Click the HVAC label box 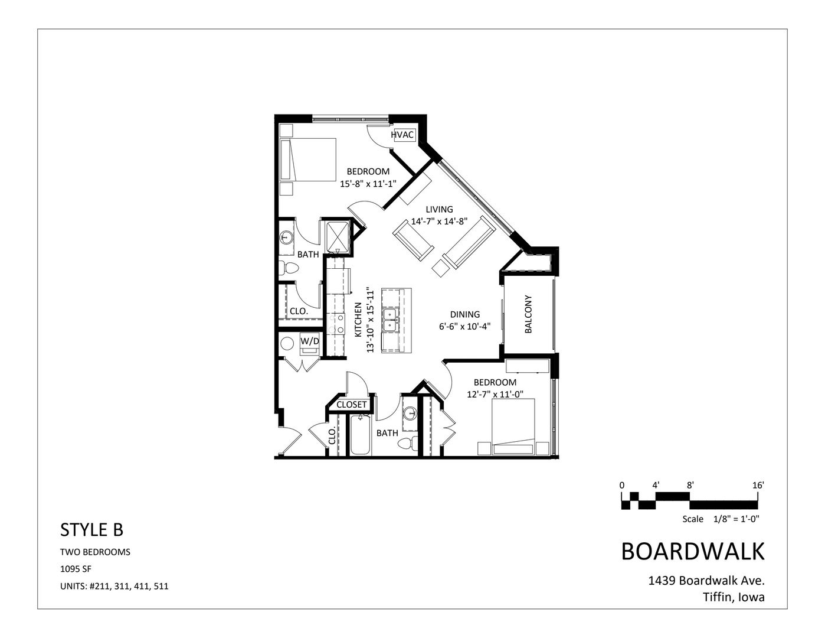click(x=402, y=135)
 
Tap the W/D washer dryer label click(x=310, y=341)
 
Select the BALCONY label click(x=528, y=314)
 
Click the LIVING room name click(x=440, y=209)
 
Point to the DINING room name click(x=465, y=314)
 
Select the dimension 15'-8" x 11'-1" click(x=367, y=184)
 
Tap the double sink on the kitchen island click(x=389, y=320)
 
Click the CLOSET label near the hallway click(x=352, y=405)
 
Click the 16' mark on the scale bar click(x=758, y=485)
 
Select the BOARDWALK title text click(x=693, y=551)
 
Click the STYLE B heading click(x=91, y=530)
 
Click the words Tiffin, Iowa click(x=734, y=597)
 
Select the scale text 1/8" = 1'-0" click(x=736, y=519)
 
